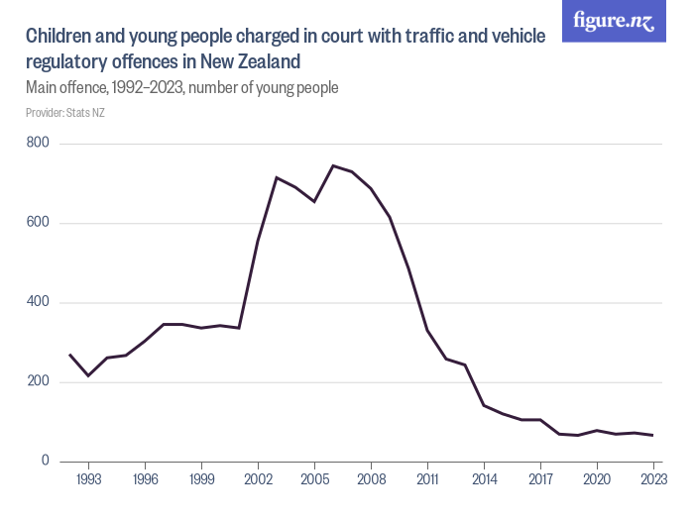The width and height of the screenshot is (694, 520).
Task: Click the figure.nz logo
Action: [614, 21]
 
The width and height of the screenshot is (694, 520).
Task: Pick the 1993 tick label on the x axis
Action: [88, 478]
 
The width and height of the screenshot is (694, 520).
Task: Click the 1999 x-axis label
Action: [201, 478]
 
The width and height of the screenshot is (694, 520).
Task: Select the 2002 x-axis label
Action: [258, 478]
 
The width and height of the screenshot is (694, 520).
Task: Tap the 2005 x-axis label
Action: [314, 478]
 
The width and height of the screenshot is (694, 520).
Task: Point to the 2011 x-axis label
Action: [427, 478]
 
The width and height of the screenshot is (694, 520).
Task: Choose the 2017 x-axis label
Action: [540, 478]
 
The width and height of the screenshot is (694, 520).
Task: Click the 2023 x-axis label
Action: [653, 478]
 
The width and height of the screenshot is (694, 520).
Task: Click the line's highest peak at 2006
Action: [333, 165]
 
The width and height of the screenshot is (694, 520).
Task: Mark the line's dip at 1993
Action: [88, 375]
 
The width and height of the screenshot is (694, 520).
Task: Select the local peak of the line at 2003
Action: [277, 177]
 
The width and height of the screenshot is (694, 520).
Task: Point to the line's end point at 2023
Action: [653, 435]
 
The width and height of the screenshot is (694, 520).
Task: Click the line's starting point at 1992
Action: [69, 355]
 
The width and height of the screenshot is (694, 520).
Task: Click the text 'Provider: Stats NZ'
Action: [65, 113]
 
